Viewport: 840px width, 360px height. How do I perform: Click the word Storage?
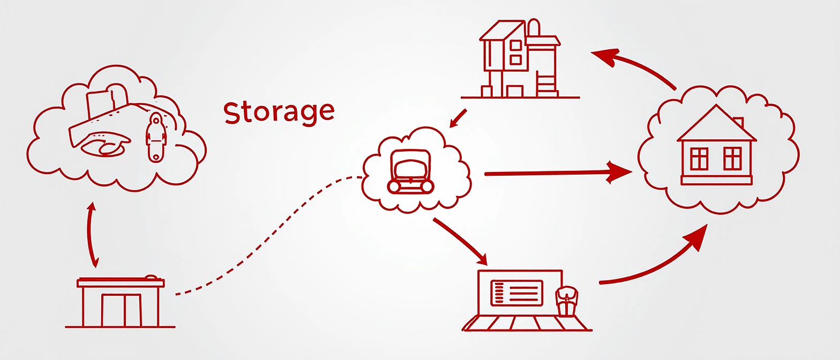pyautogui.click(x=279, y=111)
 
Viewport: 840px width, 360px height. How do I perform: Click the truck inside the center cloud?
pyautogui.click(x=410, y=170)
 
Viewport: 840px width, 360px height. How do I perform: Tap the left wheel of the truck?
pyautogui.click(x=394, y=186)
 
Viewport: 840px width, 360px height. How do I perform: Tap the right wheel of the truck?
pyautogui.click(x=427, y=186)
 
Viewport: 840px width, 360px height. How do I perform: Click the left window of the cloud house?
pyautogui.click(x=699, y=159)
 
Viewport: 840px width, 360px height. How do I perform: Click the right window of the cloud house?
pyautogui.click(x=732, y=159)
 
